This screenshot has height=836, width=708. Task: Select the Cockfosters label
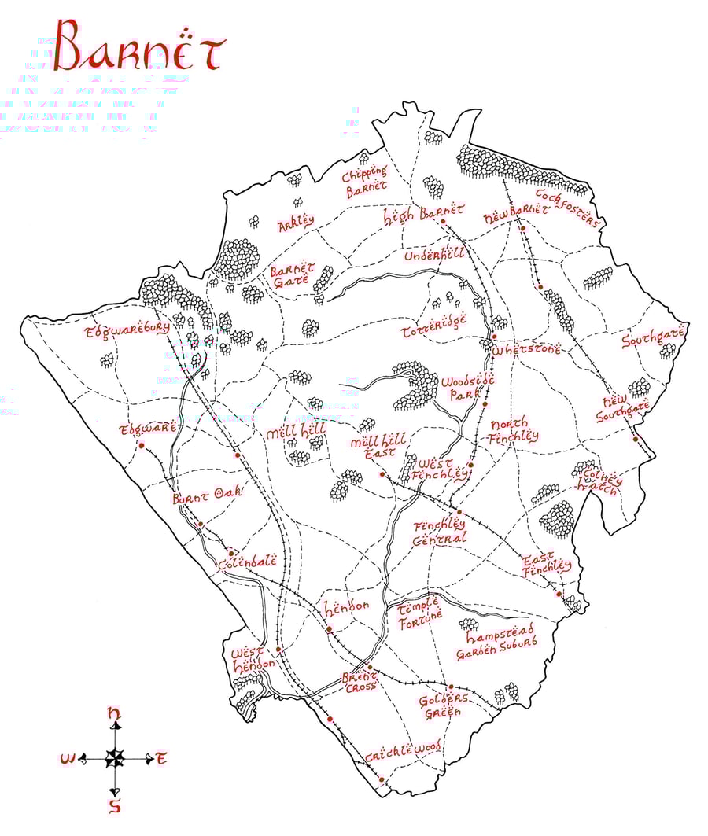[567, 206]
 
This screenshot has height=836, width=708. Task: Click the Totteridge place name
[433, 322]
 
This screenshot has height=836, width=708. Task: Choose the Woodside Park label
[467, 388]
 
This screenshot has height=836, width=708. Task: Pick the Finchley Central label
[441, 531]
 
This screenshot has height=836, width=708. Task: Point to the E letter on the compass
[161, 758]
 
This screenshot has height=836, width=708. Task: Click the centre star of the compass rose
[115, 758]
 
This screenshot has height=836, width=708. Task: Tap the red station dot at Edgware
[142, 445]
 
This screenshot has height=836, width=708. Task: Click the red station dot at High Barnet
[444, 222]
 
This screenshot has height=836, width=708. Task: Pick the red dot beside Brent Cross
[369, 667]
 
